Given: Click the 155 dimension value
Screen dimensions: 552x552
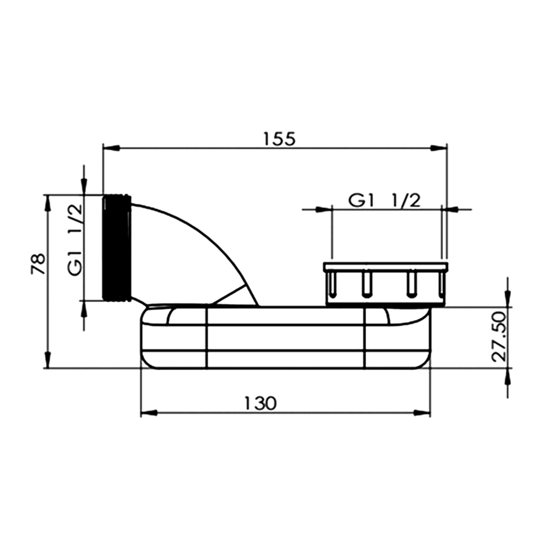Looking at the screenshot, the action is (279, 139).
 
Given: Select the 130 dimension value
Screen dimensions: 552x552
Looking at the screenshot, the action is (260, 403).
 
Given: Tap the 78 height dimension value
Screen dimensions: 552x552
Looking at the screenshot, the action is (38, 263).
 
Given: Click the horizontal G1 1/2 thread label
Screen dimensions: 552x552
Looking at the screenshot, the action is (385, 201).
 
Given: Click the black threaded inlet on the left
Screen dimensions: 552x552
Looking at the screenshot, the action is (116, 248).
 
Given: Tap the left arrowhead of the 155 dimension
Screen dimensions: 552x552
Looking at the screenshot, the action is (112, 148).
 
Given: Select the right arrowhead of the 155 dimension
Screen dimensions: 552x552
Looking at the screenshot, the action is (438, 148).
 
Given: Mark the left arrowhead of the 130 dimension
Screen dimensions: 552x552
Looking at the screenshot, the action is (150, 413).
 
